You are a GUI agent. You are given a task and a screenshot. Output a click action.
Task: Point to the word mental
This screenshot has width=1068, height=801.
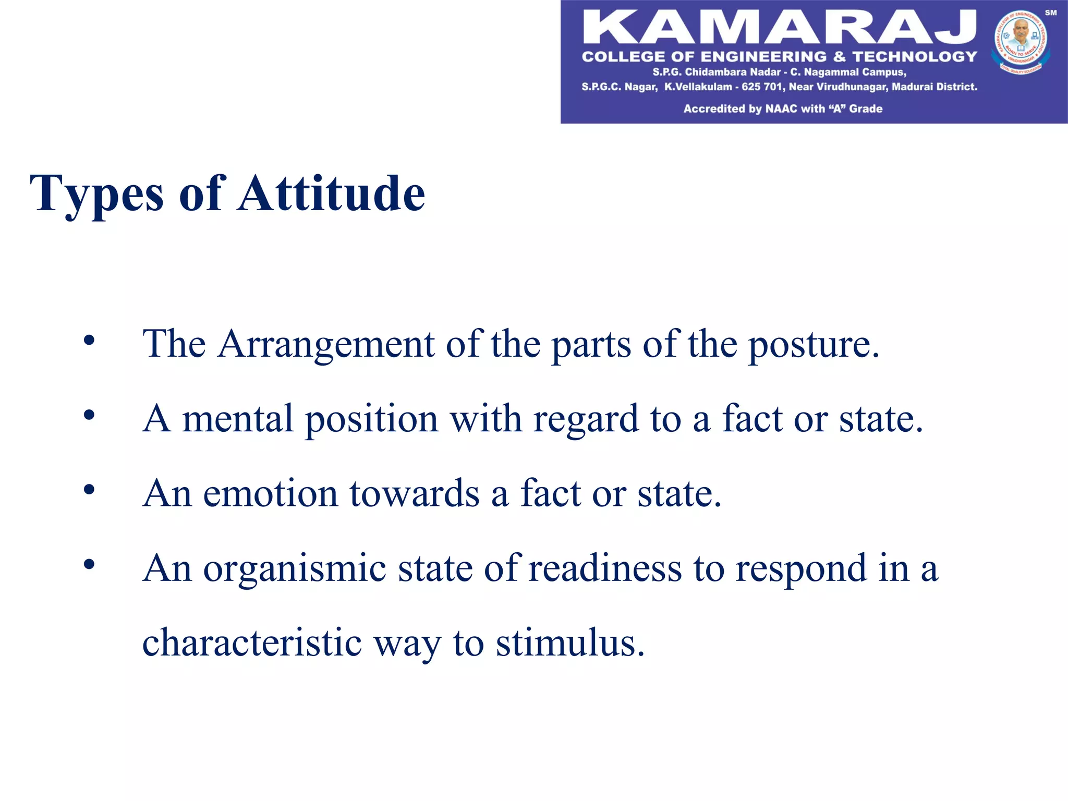click(x=238, y=419)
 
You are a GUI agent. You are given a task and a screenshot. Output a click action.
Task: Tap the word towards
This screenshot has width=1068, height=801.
click(x=415, y=494)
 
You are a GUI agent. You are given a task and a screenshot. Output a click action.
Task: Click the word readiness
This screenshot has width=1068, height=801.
click(x=605, y=568)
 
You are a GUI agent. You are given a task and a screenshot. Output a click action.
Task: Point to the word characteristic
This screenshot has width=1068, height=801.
click(x=252, y=643)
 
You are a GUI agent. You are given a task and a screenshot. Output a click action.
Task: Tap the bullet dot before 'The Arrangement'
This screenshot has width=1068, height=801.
click(x=89, y=341)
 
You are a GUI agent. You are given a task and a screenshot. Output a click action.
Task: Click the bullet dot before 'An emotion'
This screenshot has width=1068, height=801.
click(x=89, y=490)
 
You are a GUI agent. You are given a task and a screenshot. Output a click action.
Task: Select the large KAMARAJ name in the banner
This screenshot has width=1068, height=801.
click(x=779, y=27)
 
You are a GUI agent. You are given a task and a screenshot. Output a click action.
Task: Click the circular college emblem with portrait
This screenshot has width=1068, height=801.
click(x=1021, y=42)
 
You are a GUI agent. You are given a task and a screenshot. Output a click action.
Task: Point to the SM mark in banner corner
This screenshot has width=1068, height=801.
click(x=1050, y=13)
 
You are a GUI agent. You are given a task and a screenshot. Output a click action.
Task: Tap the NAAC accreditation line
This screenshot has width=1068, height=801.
click(x=783, y=109)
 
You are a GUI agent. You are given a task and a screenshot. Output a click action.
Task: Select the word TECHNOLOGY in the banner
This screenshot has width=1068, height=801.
click(x=915, y=57)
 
